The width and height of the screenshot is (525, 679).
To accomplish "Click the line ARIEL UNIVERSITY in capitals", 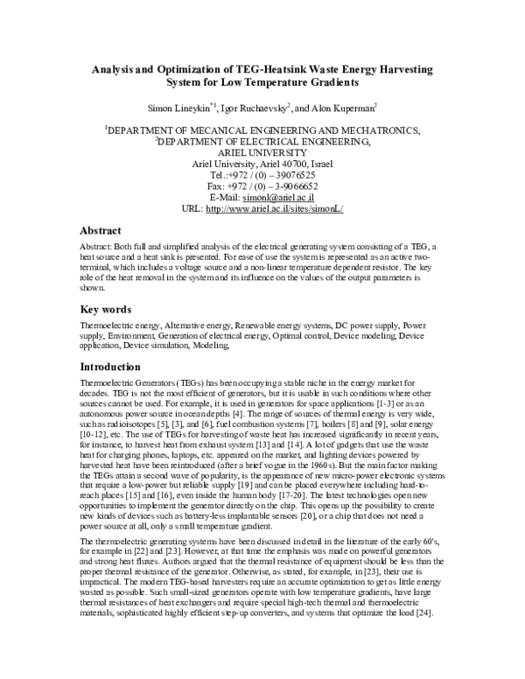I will tap(262, 150).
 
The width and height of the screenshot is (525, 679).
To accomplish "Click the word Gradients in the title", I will tap(332, 83).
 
